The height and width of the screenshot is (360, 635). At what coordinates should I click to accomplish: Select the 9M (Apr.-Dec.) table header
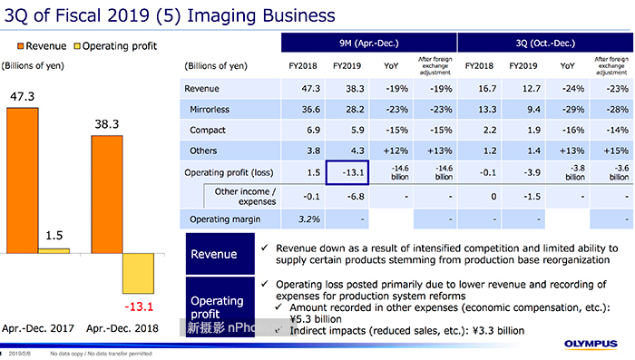coord(368,44)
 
